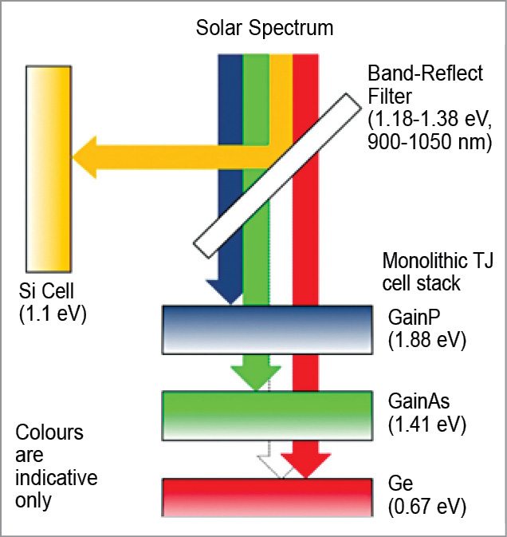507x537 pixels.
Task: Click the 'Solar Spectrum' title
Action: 265,29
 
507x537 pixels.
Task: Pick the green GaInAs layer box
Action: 267,415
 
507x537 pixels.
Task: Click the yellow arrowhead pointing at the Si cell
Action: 88,156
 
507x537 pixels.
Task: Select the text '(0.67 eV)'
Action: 426,507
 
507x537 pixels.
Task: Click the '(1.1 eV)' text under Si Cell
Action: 53,314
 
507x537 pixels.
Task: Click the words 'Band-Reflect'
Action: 425,73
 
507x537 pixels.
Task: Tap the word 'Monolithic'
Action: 419,262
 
